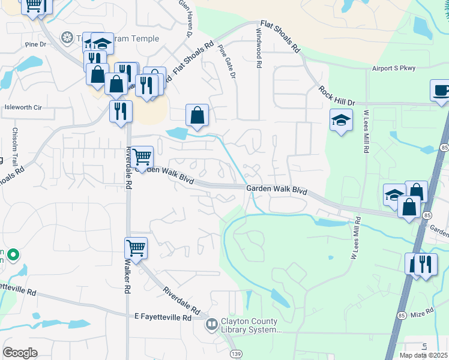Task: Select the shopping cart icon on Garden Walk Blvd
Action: coord(142,158)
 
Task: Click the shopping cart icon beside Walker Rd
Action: coord(136,247)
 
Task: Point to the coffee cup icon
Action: coord(441,91)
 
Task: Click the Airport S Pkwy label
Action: coord(393,68)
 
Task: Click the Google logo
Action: coord(20,353)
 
